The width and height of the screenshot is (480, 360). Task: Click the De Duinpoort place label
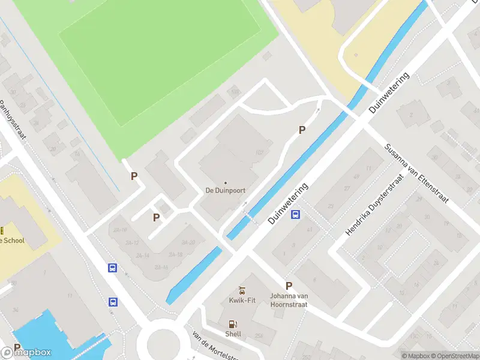226,191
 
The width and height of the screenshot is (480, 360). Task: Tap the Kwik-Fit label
242,300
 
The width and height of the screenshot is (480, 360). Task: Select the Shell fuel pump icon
233,323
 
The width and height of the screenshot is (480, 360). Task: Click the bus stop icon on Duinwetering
295,215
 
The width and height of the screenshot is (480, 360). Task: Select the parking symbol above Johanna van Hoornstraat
289,286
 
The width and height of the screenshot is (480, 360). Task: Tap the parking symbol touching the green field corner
134,176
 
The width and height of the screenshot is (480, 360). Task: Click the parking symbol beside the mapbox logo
17,347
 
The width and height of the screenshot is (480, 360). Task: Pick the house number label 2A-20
188,242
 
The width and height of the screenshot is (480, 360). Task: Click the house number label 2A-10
120,230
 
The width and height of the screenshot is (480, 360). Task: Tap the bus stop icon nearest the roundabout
113,302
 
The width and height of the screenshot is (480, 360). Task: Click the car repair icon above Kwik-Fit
242,290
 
